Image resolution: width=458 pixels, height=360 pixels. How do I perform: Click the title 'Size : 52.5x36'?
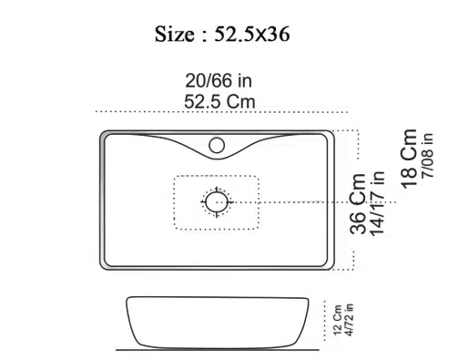click(x=222, y=34)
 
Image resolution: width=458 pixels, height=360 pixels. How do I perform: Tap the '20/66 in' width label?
click(x=219, y=81)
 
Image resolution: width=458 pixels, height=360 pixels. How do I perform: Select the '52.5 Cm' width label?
click(x=219, y=101)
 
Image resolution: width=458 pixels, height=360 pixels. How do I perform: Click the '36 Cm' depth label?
click(x=358, y=203)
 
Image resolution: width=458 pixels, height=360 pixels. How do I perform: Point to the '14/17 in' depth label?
click(x=377, y=203)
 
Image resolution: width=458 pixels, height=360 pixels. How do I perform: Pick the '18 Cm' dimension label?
click(x=409, y=159)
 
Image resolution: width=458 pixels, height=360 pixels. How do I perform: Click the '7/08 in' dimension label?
click(x=427, y=155)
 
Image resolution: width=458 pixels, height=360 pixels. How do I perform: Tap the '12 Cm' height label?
click(x=338, y=320)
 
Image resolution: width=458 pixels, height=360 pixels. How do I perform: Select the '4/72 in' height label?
click(x=349, y=320)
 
